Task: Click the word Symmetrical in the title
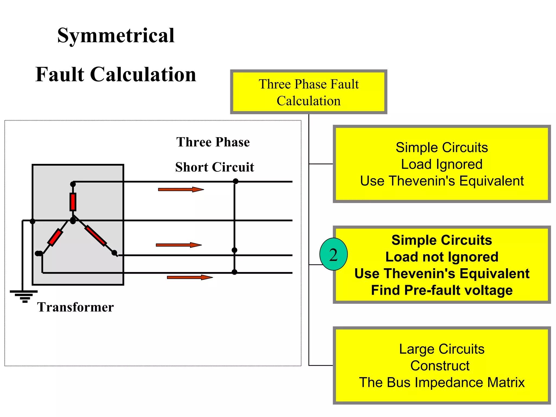116,36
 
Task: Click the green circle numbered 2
333,254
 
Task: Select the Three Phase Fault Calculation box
308,92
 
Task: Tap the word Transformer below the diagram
75,307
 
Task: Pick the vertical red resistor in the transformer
73,202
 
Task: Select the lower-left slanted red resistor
55,237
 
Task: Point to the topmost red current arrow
181,189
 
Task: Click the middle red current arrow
179,245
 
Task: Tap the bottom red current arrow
190,277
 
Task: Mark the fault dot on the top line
236,181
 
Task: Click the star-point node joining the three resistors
73,220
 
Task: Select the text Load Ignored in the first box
442,164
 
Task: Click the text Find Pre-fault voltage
442,290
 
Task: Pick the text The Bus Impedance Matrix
442,382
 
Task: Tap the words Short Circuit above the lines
214,167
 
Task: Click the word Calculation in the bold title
143,74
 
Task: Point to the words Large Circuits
442,349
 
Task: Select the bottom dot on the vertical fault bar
235,272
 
